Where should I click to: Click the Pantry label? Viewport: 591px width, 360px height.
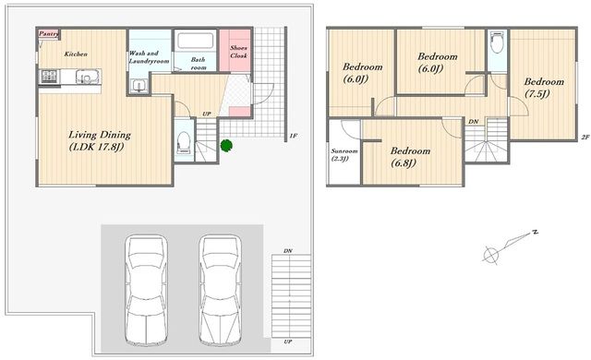tap(49, 34)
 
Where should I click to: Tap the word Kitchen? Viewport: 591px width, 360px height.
tap(76, 54)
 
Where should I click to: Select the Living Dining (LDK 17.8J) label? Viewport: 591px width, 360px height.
tap(100, 140)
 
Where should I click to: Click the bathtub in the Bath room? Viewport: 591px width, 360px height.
tap(195, 41)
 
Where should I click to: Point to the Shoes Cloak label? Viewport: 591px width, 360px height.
tap(238, 52)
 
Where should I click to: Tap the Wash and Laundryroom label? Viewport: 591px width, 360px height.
tap(149, 57)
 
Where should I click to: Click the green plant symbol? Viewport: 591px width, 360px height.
tap(226, 145)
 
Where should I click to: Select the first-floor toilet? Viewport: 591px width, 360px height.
tap(184, 141)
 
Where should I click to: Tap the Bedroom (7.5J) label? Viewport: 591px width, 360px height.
tap(544, 88)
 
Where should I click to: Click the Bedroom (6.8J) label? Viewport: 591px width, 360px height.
tap(410, 157)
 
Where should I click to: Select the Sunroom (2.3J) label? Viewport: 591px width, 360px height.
tap(344, 155)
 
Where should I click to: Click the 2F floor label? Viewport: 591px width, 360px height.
tap(585, 138)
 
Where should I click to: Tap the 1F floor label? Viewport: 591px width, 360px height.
tap(294, 136)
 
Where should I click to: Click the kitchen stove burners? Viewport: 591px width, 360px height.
tap(49, 77)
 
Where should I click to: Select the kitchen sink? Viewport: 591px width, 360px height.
tap(88, 77)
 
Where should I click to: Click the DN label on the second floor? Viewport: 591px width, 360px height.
tap(474, 122)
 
